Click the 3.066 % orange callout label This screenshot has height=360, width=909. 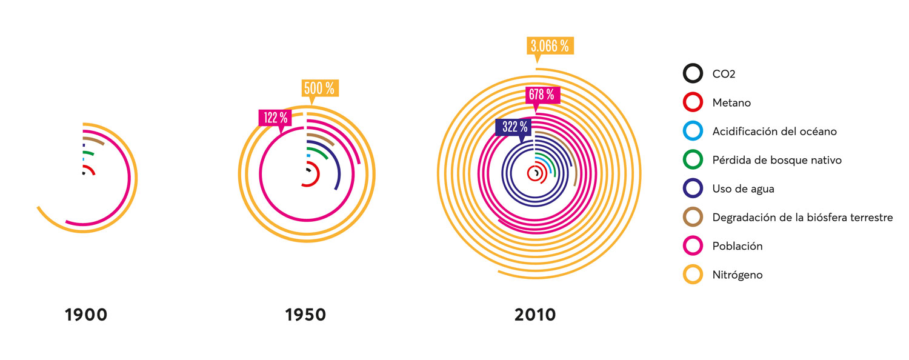(x=550, y=46)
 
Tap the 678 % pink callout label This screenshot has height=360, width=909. (x=542, y=95)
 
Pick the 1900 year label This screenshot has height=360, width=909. (x=86, y=315)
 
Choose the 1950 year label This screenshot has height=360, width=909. (x=305, y=315)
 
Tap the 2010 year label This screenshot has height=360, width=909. (x=535, y=315)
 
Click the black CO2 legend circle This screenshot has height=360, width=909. (x=693, y=74)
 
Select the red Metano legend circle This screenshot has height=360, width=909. (x=693, y=103)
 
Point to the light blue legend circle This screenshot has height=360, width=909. (x=693, y=132)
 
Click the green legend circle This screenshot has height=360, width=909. (x=693, y=160)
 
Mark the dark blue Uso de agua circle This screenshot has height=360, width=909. (x=693, y=188)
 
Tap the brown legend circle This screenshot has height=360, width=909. (x=693, y=217)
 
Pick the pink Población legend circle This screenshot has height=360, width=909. (x=693, y=246)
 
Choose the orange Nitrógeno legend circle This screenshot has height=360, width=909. (x=693, y=275)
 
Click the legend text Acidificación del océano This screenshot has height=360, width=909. (x=774, y=132)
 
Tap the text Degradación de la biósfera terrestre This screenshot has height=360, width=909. (x=802, y=217)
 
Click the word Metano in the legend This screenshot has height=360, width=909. (x=731, y=103)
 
